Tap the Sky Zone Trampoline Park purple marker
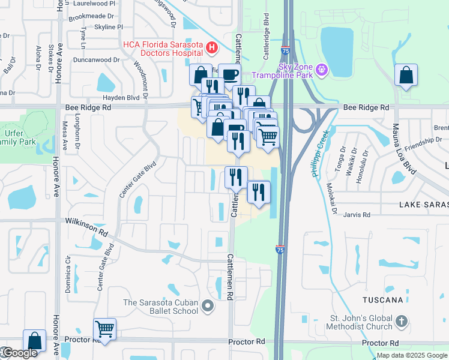coord(322,70)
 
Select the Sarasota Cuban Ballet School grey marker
coord(208,307)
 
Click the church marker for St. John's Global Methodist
coord(402,323)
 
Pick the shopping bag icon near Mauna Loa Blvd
coord(406,76)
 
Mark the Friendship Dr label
coord(423,145)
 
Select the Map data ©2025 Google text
coord(411,355)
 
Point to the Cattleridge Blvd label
coord(265,38)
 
